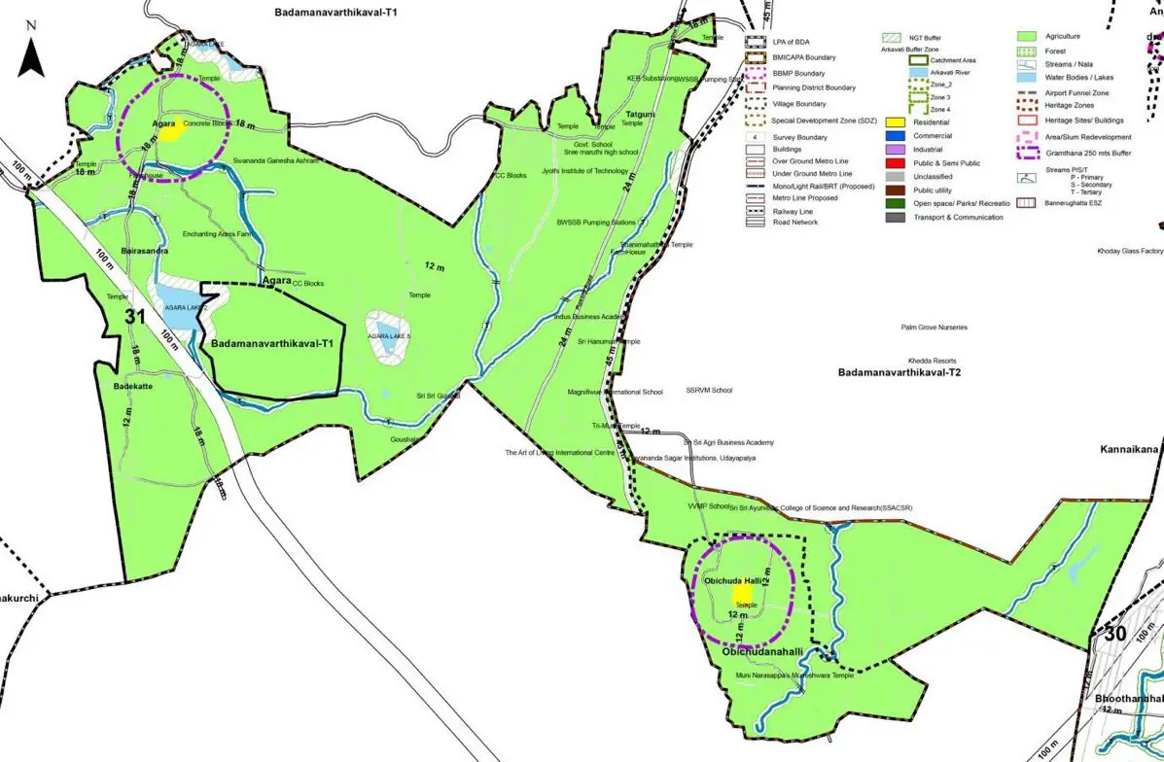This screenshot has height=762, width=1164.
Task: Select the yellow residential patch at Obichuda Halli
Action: tap(741, 592)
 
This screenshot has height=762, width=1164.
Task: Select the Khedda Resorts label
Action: tap(933, 360)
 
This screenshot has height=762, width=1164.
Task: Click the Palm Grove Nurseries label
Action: tap(935, 328)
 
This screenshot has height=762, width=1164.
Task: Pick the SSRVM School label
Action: tap(709, 391)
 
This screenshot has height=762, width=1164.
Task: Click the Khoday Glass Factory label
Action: tap(1130, 251)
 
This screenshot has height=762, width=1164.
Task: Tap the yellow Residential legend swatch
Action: tap(895, 122)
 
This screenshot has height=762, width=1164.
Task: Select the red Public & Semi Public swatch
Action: tap(895, 163)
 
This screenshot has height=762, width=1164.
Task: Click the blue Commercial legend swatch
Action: tap(895, 136)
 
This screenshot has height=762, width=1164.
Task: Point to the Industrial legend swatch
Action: tap(895, 150)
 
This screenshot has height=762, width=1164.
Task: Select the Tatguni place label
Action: tap(641, 114)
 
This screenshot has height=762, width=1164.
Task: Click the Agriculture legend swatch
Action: tap(1030, 36)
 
